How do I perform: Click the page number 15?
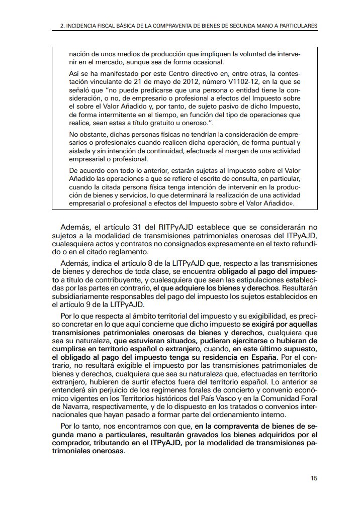pos(314,478)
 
